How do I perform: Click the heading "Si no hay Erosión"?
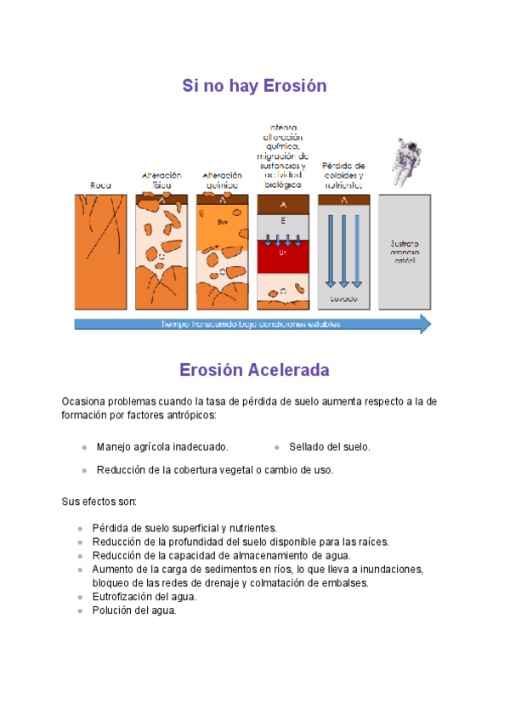click(x=254, y=86)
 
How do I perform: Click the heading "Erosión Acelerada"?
click(x=254, y=371)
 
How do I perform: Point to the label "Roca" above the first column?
click(x=101, y=185)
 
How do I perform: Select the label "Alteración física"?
click(x=161, y=179)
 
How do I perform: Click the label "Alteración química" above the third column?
click(x=222, y=179)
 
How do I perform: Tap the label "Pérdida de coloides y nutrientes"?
click(x=343, y=174)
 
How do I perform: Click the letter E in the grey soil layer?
click(x=283, y=220)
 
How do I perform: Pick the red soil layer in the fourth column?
click(x=283, y=255)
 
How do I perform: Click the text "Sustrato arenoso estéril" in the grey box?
click(x=405, y=252)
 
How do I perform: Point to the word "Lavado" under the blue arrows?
click(x=344, y=299)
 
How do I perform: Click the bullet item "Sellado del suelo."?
click(x=329, y=446)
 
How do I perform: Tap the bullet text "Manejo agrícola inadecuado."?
click(x=162, y=446)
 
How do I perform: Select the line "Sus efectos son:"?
click(x=93, y=501)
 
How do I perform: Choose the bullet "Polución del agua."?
click(x=134, y=610)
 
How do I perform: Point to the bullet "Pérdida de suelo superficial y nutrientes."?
click(x=184, y=528)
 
